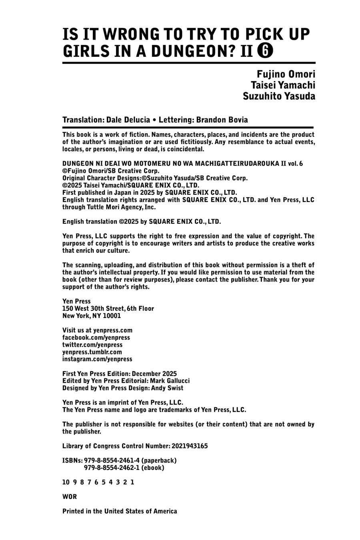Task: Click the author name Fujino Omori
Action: coord(286,74)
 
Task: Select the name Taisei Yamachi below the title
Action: coord(283,85)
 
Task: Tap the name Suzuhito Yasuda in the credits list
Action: coord(279,96)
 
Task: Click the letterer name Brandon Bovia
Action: coord(222,120)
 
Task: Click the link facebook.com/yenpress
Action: coord(96,338)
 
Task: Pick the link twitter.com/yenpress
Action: coord(92,345)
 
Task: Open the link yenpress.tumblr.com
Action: coord(92,352)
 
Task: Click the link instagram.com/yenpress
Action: coord(97,359)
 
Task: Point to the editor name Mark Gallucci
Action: coord(170,381)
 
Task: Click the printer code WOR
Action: coord(70,497)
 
